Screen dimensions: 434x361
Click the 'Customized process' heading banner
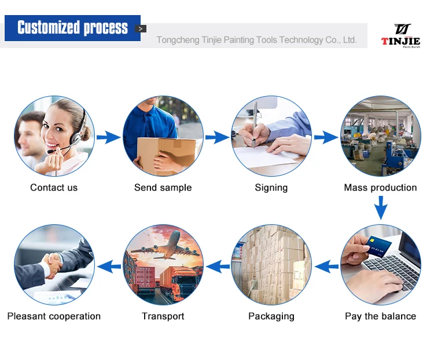(x=72, y=28)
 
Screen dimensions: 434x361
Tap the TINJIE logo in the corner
(x=400, y=35)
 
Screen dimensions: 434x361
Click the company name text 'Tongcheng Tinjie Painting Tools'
(x=256, y=40)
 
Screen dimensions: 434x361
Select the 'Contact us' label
(x=54, y=188)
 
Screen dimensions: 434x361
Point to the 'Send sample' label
(x=163, y=188)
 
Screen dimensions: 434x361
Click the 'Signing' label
(x=271, y=188)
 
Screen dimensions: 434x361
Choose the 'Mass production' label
(x=380, y=188)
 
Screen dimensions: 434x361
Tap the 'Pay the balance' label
(x=380, y=316)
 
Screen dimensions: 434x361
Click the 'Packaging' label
(x=271, y=316)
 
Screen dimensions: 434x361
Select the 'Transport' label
(x=163, y=316)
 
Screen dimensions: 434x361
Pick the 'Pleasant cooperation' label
(x=54, y=316)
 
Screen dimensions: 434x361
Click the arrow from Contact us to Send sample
(x=108, y=137)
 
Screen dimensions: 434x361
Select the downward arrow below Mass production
(x=380, y=207)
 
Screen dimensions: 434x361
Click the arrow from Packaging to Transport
(x=218, y=267)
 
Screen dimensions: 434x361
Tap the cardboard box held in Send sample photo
(x=157, y=152)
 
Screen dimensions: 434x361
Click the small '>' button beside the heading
(x=141, y=28)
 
